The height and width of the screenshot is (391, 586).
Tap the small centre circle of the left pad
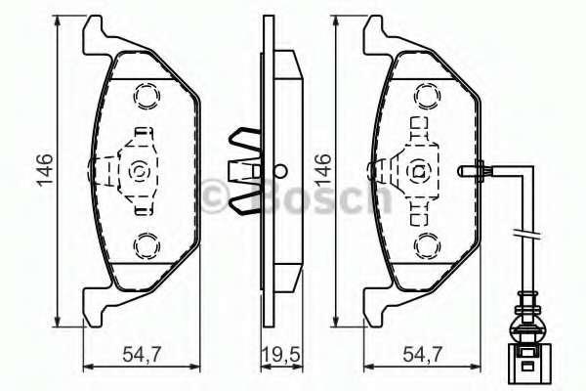coord(136,171)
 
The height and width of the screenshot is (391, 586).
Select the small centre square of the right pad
coord(419,171)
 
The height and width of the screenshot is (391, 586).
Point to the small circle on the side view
coord(279,167)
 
